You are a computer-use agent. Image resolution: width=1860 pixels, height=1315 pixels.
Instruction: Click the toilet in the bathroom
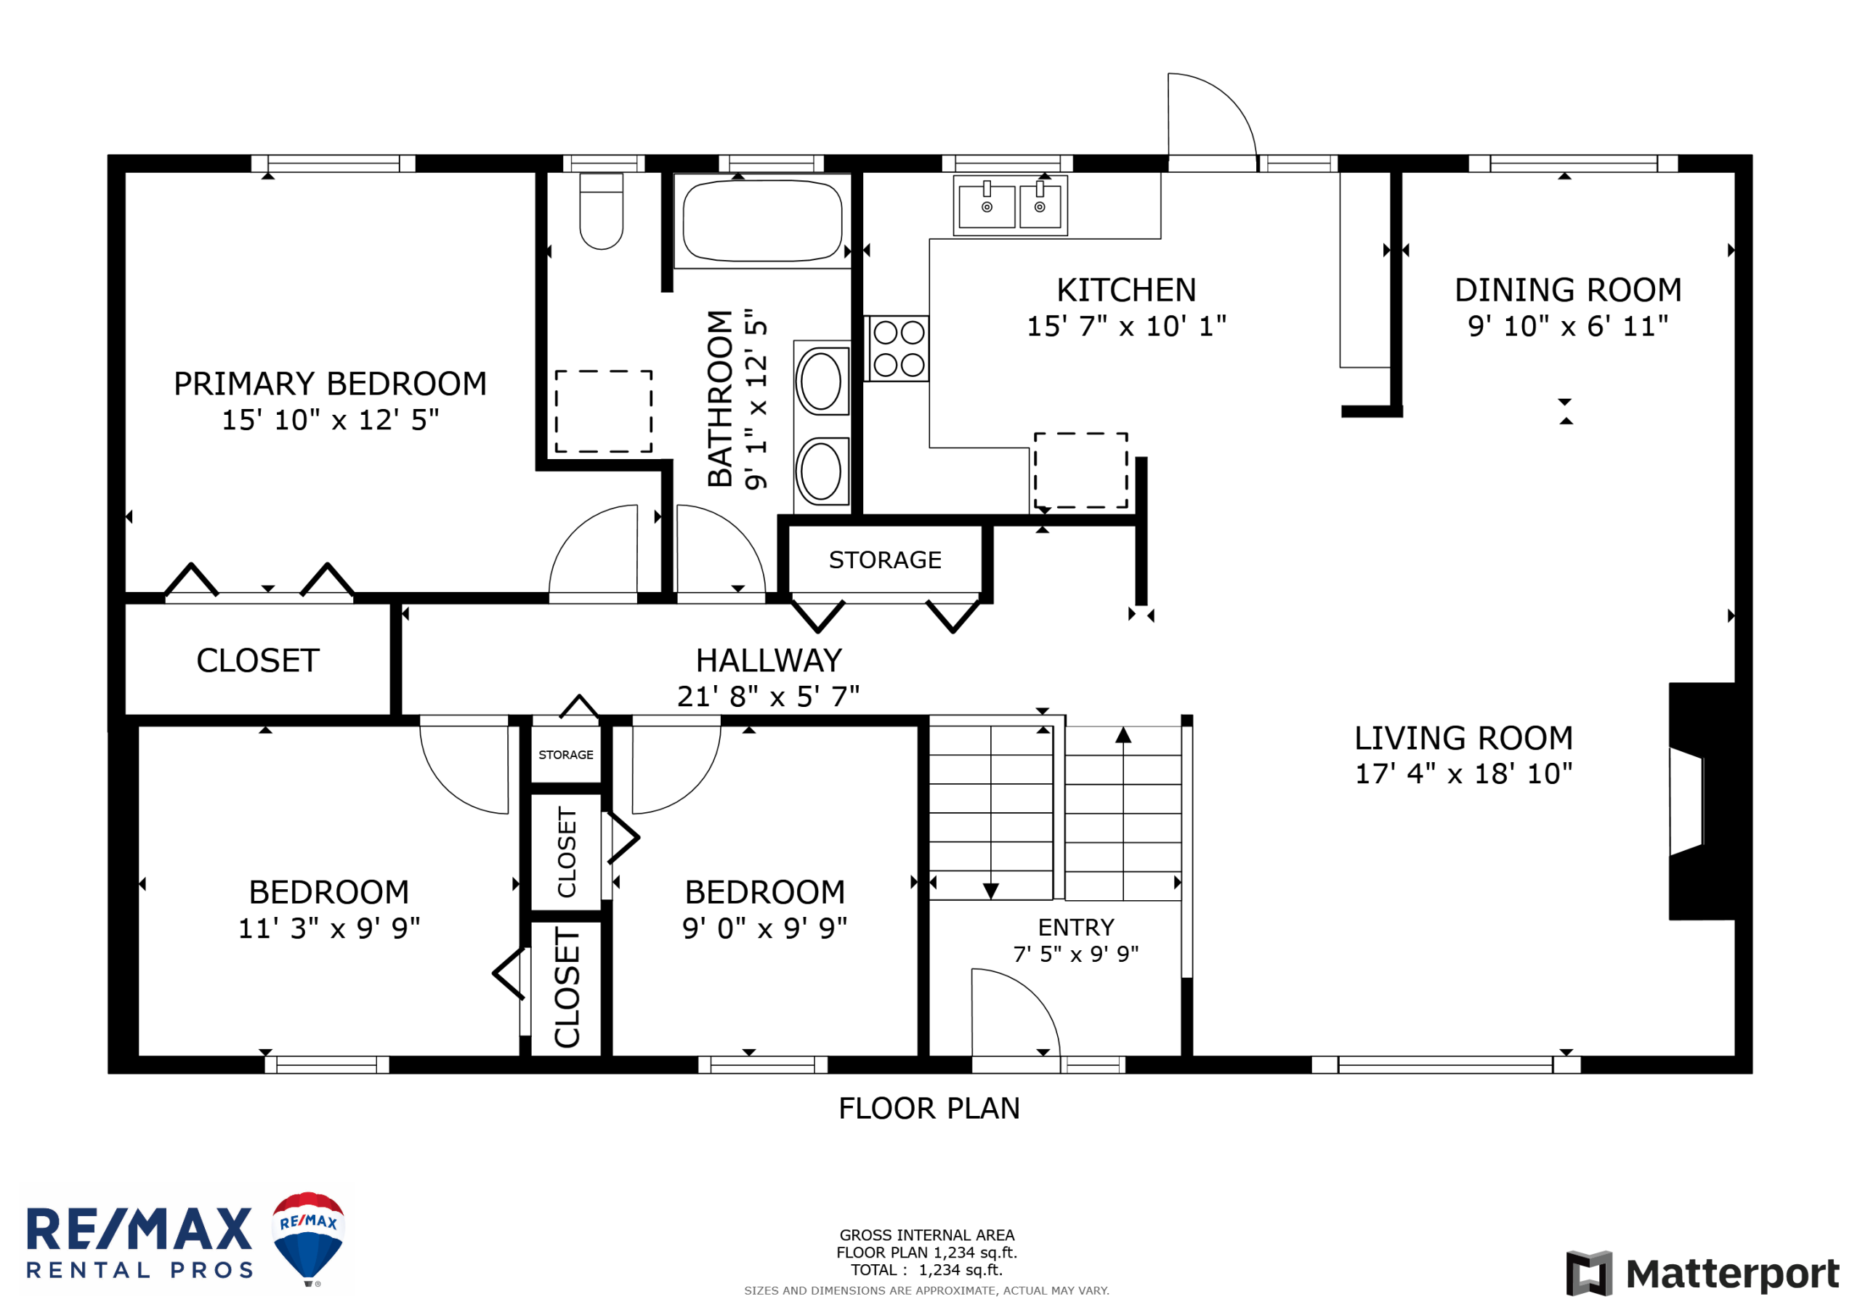click(x=601, y=211)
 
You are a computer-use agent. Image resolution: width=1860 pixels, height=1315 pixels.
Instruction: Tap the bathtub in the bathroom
click(x=762, y=220)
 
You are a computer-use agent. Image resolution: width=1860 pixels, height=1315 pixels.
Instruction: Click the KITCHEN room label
click(x=1126, y=290)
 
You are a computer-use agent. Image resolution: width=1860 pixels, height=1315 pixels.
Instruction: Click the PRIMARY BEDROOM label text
click(x=331, y=384)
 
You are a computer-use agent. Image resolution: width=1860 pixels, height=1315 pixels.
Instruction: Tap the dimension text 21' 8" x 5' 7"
click(x=768, y=696)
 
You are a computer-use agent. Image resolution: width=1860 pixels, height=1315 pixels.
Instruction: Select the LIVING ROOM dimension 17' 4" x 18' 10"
click(x=1464, y=773)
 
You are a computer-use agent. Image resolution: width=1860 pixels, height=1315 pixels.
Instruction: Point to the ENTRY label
click(x=1076, y=927)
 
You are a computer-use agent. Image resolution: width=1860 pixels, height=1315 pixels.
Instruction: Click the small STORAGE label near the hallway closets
click(x=566, y=754)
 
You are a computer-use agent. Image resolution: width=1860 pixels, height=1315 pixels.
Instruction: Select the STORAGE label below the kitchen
click(x=886, y=560)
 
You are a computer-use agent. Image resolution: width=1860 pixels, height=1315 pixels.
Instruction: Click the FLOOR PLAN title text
click(x=929, y=1109)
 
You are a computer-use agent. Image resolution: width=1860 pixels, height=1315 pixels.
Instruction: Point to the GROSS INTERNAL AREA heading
click(x=927, y=1235)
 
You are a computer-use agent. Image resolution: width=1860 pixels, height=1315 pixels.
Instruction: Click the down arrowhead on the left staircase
click(x=991, y=891)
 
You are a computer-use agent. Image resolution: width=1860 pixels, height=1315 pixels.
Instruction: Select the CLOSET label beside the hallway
click(x=258, y=660)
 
